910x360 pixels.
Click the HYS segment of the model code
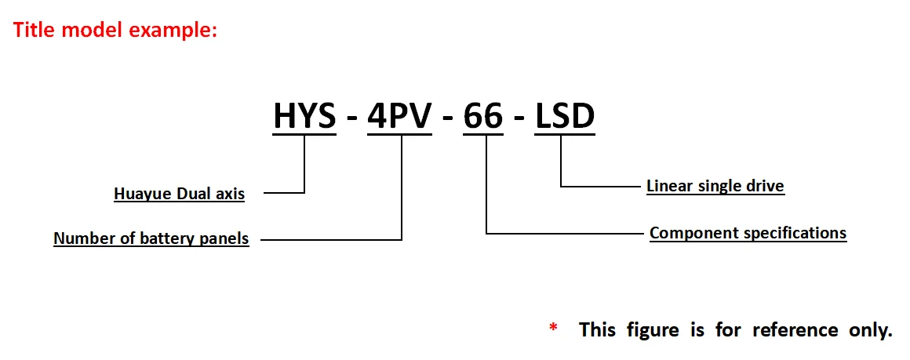(304, 116)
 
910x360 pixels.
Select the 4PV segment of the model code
(399, 116)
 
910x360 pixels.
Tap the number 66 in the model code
(482, 116)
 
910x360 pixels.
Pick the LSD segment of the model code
(565, 116)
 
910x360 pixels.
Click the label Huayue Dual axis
(179, 194)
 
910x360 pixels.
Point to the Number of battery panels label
(151, 238)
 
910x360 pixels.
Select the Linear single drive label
(715, 186)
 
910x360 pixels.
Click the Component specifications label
(748, 233)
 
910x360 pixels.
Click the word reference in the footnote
(795, 329)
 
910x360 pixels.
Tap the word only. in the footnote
(871, 329)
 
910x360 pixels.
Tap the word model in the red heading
(89, 31)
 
